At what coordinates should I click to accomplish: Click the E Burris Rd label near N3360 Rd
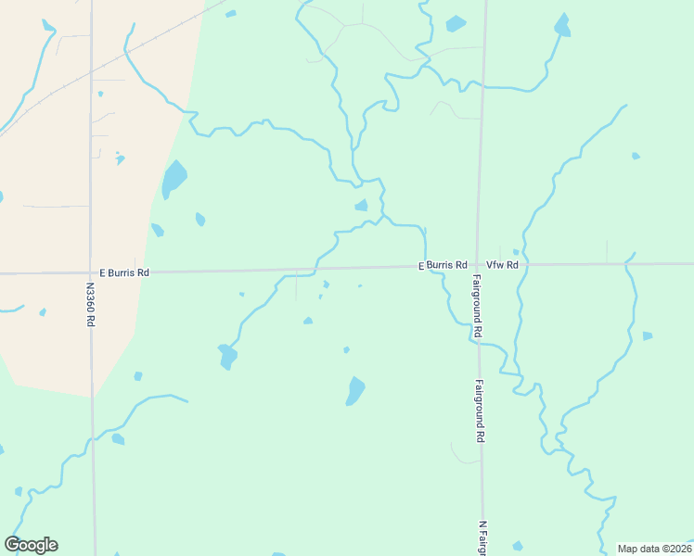(123, 273)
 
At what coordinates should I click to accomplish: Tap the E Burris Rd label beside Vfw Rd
(442, 265)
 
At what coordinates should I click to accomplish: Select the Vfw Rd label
(501, 265)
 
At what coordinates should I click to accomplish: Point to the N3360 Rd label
(91, 304)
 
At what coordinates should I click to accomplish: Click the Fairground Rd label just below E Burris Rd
(476, 305)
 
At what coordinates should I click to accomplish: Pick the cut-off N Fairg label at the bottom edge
(482, 537)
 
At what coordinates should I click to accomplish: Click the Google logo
(32, 545)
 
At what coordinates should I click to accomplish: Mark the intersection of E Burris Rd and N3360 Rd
(91, 273)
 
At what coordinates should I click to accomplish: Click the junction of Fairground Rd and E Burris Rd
(477, 265)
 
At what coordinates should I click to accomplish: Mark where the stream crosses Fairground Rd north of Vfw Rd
(482, 87)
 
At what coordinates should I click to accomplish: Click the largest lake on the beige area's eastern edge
(173, 178)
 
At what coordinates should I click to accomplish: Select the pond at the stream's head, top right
(562, 26)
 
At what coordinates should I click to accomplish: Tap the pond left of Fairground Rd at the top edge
(456, 23)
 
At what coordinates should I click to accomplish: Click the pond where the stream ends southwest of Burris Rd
(226, 356)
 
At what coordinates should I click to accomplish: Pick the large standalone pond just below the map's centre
(355, 391)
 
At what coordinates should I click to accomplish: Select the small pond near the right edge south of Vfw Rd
(647, 335)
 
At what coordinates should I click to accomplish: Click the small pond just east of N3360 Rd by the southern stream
(118, 439)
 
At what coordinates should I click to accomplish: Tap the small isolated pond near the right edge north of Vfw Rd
(636, 156)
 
